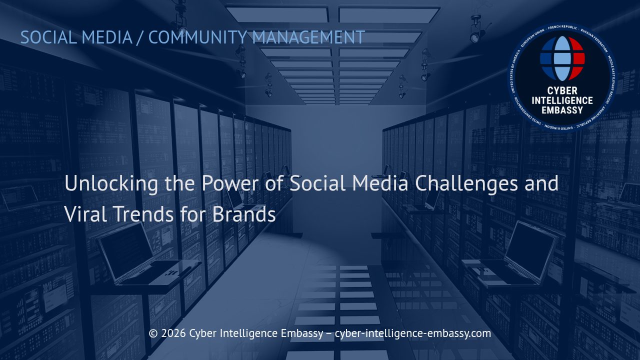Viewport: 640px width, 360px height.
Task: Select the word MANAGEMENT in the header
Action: pos(308,37)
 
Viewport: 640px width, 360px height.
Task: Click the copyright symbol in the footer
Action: pos(153,333)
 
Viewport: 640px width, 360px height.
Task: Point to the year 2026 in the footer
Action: pos(173,333)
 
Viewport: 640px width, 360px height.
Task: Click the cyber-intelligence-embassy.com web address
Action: pos(413,333)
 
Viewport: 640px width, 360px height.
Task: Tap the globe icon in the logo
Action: pos(562,58)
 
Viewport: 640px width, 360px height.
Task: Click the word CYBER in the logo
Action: pos(562,91)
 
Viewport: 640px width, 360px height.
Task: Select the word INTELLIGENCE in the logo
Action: pos(562,100)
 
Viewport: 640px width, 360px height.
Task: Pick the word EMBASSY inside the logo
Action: pos(562,110)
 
